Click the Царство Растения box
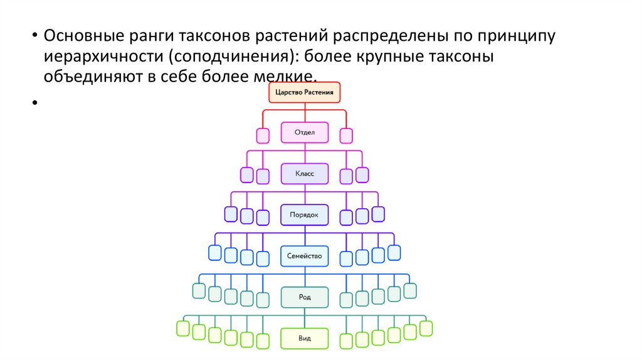[x=305, y=93]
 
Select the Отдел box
[x=305, y=133]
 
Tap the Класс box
[x=305, y=174]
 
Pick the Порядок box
[x=305, y=214]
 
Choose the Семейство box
[x=305, y=255]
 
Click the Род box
[x=305, y=297]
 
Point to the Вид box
[x=305, y=338]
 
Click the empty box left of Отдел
[x=263, y=135]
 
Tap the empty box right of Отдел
[x=346, y=135]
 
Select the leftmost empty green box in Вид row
[x=183, y=327]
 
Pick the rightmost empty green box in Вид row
[x=426, y=327]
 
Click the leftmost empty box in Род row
[x=199, y=290]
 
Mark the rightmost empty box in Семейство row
[x=394, y=252]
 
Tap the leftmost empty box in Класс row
[x=247, y=175]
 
